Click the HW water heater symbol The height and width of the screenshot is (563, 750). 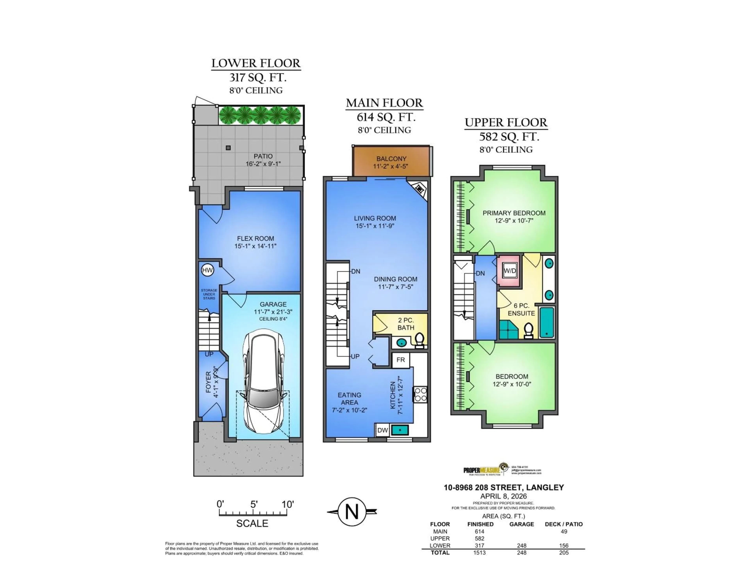(x=207, y=270)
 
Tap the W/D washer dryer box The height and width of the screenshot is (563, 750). (x=510, y=271)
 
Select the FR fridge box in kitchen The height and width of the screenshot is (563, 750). (x=400, y=360)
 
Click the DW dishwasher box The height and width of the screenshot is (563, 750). (x=382, y=430)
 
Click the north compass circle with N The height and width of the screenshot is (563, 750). (x=352, y=511)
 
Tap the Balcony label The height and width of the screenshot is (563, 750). (x=391, y=159)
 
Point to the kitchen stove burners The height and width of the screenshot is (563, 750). (x=421, y=395)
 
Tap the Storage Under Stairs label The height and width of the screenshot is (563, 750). (x=209, y=294)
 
